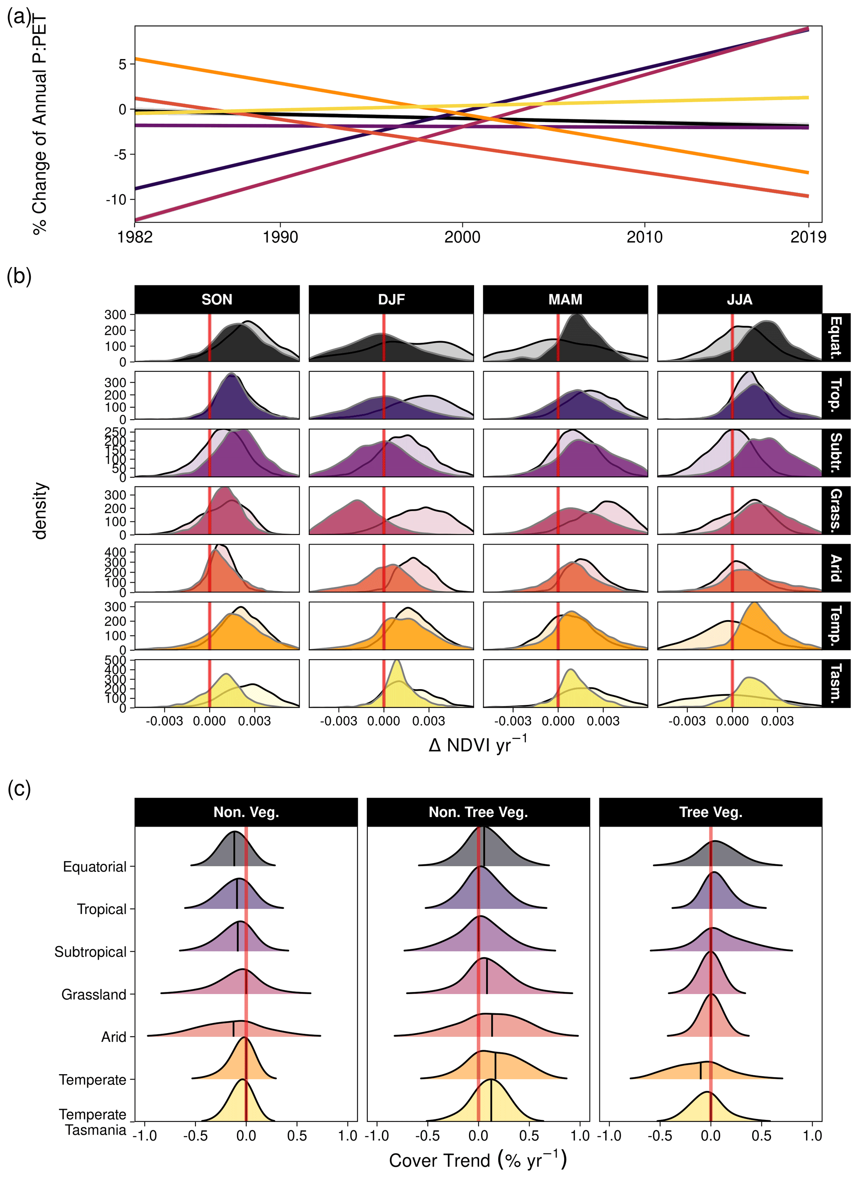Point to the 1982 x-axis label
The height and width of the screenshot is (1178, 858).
[x=135, y=238]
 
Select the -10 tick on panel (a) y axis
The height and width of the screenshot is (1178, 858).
[x=116, y=199]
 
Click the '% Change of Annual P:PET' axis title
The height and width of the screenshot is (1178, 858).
[x=40, y=125]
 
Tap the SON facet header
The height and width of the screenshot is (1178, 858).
[x=217, y=299]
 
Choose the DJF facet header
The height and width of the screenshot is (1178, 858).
[x=391, y=299]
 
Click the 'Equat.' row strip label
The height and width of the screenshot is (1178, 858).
[x=836, y=337]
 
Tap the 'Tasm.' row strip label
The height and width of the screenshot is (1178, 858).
[x=836, y=683]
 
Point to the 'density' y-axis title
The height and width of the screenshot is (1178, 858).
[x=40, y=511]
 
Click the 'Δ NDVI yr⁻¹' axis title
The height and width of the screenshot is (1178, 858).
[x=478, y=745]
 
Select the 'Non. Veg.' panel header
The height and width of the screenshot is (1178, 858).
[x=246, y=812]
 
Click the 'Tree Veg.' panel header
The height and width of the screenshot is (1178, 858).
[x=711, y=812]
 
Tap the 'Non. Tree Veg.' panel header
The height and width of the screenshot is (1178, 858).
[x=478, y=812]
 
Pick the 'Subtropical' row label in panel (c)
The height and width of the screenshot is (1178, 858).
[x=90, y=952]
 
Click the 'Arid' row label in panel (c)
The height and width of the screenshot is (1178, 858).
[x=114, y=1037]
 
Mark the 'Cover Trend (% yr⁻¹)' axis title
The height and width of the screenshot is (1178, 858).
[x=478, y=1160]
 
